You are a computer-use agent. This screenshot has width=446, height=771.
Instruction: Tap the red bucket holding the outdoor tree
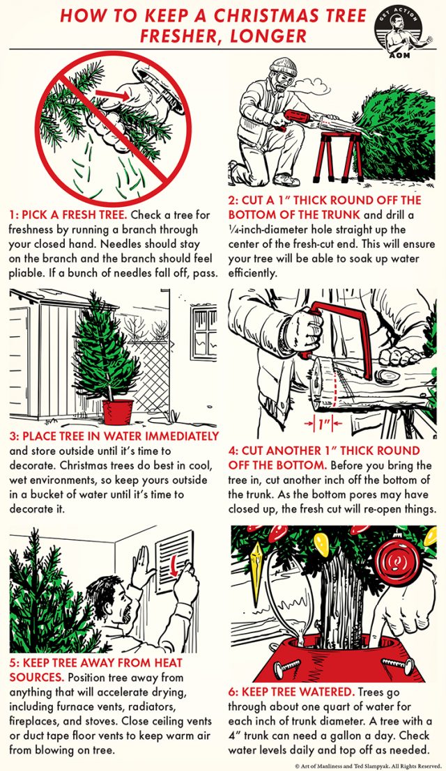(x=117, y=412)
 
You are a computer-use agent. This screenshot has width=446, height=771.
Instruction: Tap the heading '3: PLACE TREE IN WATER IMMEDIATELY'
(x=114, y=436)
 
